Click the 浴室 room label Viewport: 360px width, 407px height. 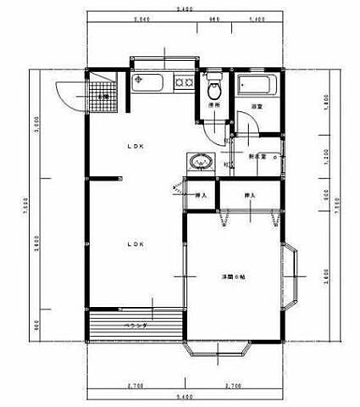[x=257, y=105]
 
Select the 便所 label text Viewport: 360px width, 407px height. [x=214, y=105]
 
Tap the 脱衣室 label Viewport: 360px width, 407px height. [x=258, y=157]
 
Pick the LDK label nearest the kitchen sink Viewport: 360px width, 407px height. [x=136, y=146]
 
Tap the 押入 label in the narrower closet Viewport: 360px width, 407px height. [x=201, y=195]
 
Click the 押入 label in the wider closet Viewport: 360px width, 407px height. [x=250, y=195]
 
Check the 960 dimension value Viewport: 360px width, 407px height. [x=214, y=20]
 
